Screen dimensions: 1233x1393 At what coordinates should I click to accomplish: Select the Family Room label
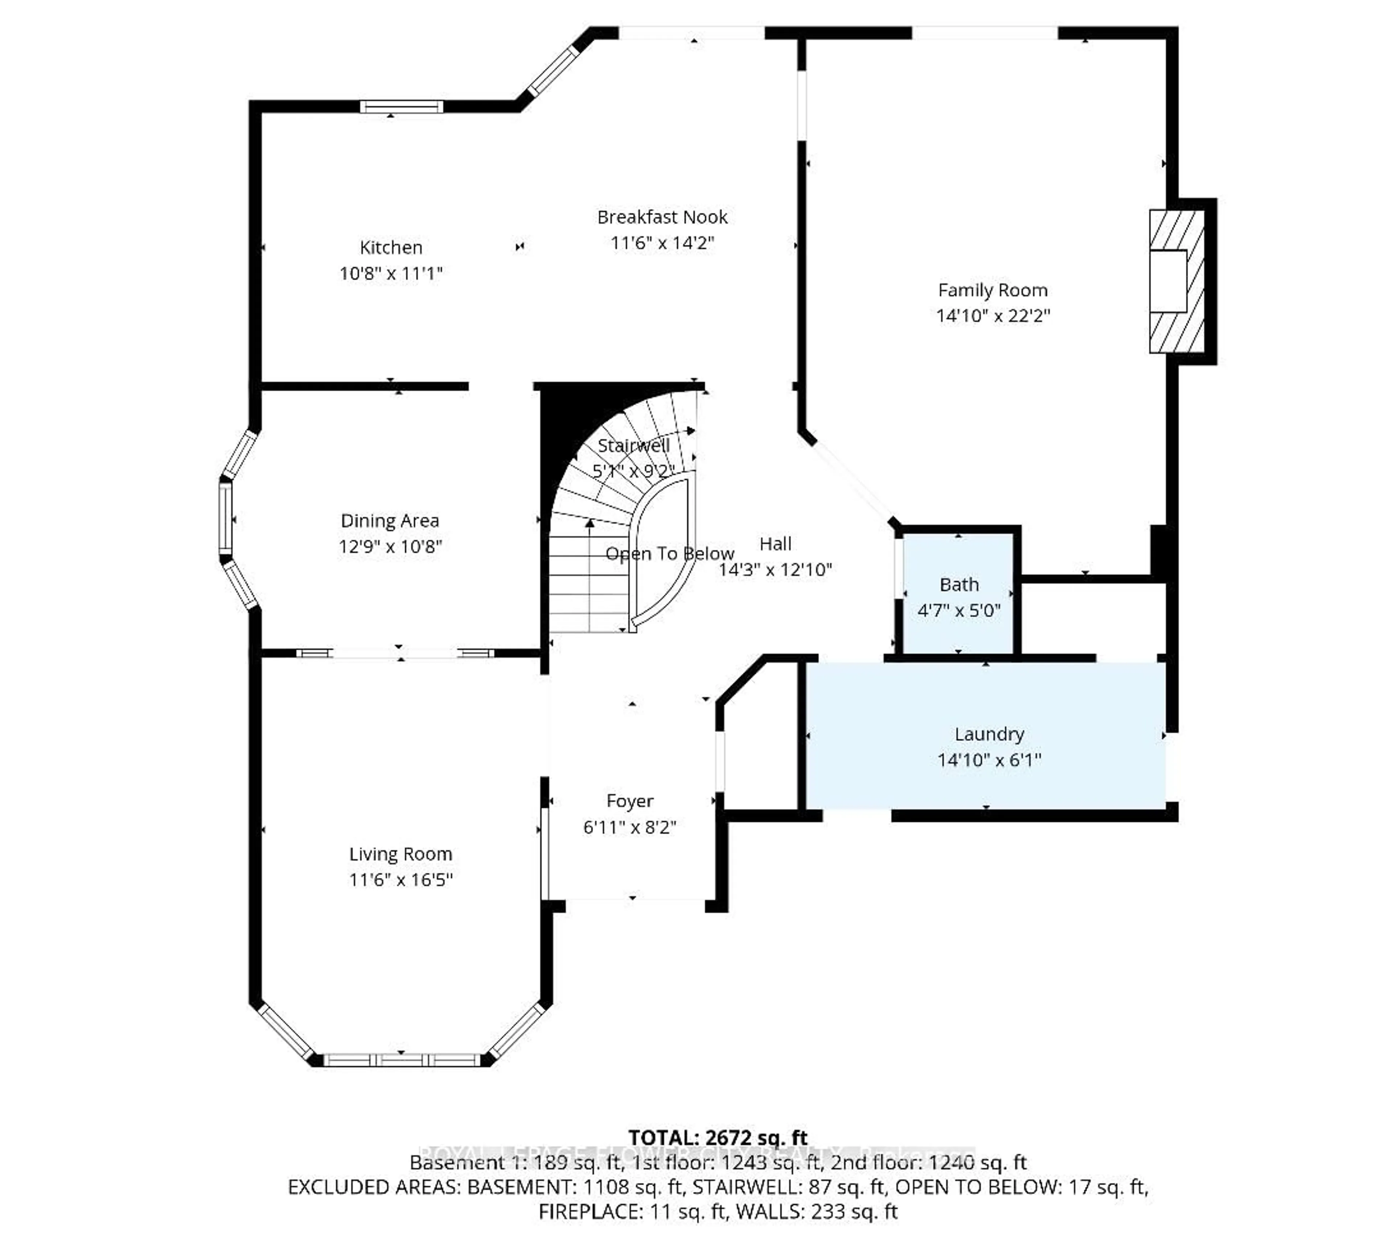click(x=992, y=290)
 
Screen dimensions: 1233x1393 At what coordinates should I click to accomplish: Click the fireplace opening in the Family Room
click(x=1168, y=281)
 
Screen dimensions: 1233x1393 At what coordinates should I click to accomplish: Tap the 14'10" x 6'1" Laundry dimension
click(x=989, y=759)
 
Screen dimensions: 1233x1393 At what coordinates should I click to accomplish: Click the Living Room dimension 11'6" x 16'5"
click(x=401, y=879)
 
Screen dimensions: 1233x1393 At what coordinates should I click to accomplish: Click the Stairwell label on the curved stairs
click(x=633, y=446)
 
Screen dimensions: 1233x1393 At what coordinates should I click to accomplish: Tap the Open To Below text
click(x=669, y=554)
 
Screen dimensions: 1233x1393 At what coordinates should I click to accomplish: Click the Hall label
click(x=775, y=544)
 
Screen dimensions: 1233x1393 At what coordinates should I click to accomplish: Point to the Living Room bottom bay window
click(x=402, y=1060)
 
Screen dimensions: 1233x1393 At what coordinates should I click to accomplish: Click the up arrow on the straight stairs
click(x=589, y=524)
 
